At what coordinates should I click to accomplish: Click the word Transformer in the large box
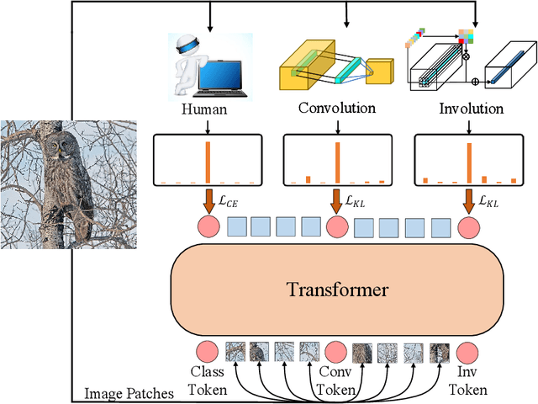click(x=337, y=290)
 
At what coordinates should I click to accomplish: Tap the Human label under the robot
click(x=204, y=109)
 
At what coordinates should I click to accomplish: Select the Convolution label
click(x=337, y=109)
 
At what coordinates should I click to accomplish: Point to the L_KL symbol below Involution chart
click(x=488, y=202)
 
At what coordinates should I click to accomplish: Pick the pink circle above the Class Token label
click(x=206, y=350)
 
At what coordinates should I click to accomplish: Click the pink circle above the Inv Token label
click(x=467, y=350)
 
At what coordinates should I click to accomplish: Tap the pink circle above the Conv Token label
click(x=336, y=350)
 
